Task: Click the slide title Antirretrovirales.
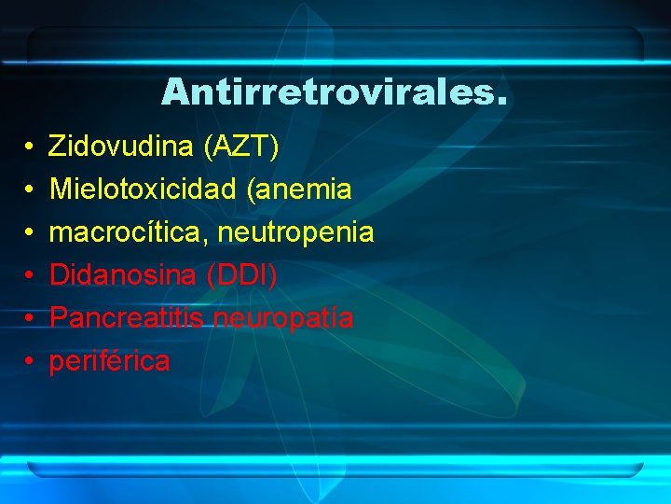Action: point(335,91)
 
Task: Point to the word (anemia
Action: point(299,189)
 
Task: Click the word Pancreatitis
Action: point(128,317)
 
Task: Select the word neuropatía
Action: point(284,318)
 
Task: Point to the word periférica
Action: point(109,361)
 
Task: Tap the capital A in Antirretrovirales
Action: point(174,91)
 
